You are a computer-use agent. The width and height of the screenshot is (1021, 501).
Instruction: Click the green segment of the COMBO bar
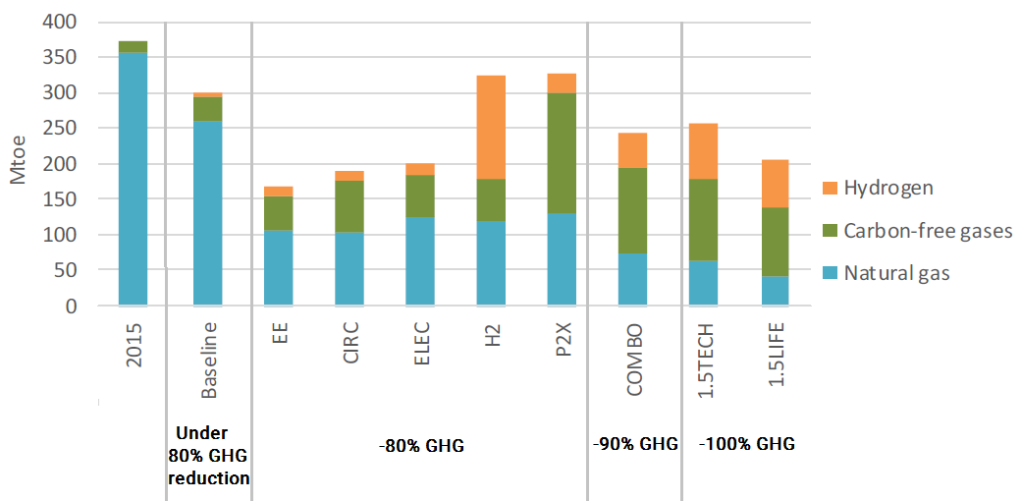click(632, 211)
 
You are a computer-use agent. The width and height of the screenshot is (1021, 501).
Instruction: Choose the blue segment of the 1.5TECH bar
click(703, 283)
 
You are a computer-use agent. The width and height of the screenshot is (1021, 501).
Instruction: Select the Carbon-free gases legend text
click(927, 232)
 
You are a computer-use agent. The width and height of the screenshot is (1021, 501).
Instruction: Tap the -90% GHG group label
click(635, 444)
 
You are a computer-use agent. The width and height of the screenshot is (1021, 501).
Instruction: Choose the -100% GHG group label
click(746, 444)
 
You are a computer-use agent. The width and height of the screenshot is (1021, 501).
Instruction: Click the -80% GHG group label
click(421, 446)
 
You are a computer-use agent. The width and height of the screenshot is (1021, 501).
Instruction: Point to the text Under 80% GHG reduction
click(208, 456)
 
